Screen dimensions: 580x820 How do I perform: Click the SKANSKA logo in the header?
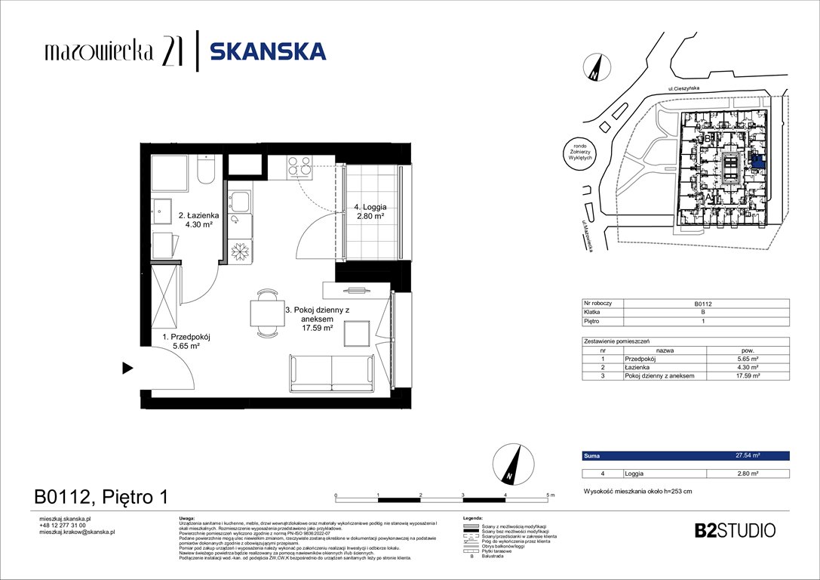(x=267, y=51)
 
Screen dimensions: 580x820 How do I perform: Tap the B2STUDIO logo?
(x=734, y=530)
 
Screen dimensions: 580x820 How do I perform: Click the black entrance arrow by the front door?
(x=127, y=369)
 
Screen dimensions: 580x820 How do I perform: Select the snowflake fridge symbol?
(x=241, y=249)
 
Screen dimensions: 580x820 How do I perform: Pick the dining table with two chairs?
(x=265, y=313)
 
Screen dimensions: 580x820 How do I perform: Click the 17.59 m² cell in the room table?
(x=747, y=375)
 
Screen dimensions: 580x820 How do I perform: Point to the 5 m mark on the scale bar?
(x=548, y=495)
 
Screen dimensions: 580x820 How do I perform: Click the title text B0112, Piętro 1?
(x=100, y=497)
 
